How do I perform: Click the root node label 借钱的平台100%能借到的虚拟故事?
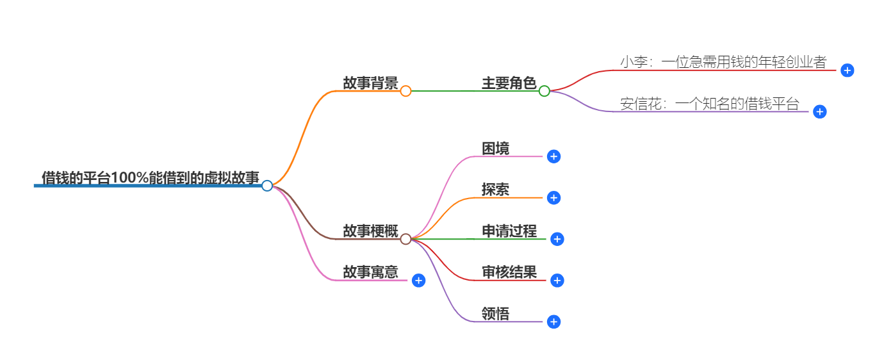[151, 177]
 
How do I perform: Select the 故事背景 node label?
[370, 83]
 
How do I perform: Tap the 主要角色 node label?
[509, 83]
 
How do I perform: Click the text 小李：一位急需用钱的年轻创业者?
[723, 62]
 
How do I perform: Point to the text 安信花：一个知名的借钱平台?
[710, 104]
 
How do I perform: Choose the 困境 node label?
[496, 149]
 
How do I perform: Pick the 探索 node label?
[496, 190]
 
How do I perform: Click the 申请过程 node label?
[509, 231]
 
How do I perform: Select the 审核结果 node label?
[509, 272]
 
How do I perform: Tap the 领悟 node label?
[496, 314]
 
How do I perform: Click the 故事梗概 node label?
[370, 231]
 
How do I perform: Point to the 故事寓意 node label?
[370, 272]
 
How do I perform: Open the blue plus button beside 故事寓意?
[418, 281]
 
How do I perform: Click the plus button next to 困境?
[554, 157]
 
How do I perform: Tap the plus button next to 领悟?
[554, 322]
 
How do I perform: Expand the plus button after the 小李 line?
[847, 70]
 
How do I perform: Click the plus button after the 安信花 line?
[819, 112]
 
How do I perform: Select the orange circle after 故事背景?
[405, 92]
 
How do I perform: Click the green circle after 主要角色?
[544, 92]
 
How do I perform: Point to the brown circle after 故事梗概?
[405, 240]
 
